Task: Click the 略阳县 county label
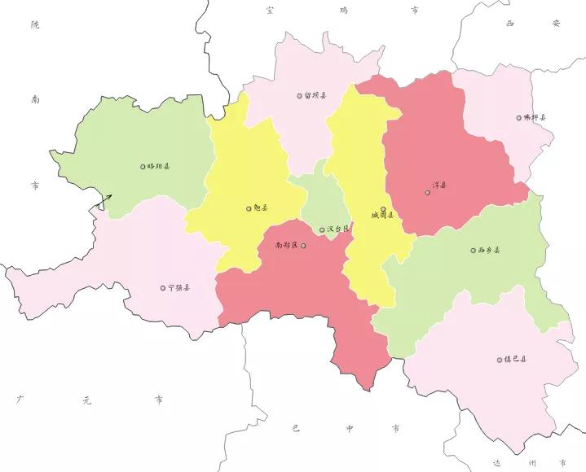point(160,166)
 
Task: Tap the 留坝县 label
point(316,95)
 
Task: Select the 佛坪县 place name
point(535,118)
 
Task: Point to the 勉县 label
point(261,208)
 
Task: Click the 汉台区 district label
point(337,229)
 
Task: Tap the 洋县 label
point(439,193)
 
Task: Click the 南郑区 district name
point(286,244)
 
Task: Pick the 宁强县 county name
point(179,288)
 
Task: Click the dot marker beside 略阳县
point(143,166)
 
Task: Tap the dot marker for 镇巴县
point(499,359)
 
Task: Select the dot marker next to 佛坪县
point(518,118)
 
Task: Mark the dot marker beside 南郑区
point(303,245)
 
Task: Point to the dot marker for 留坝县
point(299,95)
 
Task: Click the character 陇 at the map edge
point(34,25)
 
